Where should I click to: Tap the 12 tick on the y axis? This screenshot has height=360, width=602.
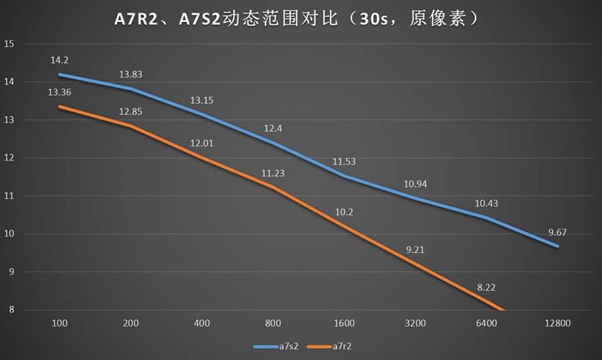9,158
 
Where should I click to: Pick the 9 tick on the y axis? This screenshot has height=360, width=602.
9,272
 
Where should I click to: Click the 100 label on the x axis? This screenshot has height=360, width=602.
60,323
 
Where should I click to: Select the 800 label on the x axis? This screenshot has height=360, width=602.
273,323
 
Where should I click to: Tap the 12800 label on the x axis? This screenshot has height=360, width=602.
557,323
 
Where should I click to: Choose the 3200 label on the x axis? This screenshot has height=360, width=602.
415,323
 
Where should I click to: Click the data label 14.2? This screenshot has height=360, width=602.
59,60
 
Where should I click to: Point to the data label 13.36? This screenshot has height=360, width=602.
59,92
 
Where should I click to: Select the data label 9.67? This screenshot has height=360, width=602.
558,232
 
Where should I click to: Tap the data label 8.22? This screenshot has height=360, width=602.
487,287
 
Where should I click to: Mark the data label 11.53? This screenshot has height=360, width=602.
344,161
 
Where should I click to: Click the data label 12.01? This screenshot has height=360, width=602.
202,143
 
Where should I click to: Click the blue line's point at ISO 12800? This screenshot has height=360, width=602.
558,246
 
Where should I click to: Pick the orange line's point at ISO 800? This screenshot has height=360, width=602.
273,187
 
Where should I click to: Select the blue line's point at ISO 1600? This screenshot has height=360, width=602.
344,176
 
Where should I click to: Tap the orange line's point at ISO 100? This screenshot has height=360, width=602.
60,106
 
